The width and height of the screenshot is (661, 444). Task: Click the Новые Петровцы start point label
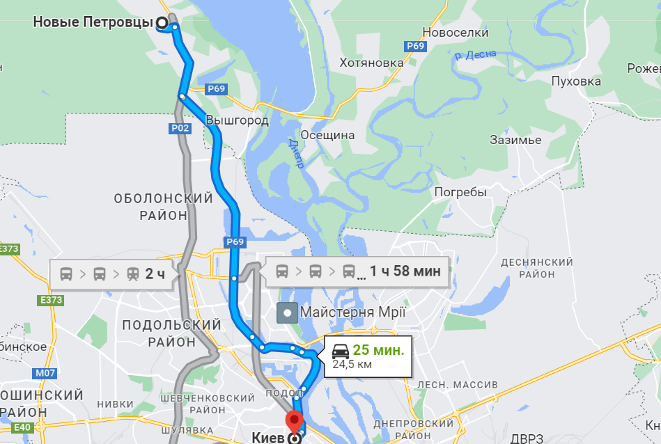click(93, 22)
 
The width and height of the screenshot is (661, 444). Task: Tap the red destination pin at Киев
click(295, 422)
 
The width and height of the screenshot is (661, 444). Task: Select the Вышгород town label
click(237, 120)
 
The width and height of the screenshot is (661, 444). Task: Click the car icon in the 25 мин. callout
click(340, 350)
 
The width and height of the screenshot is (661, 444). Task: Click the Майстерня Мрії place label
click(352, 312)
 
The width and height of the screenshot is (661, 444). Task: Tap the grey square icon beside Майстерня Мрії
click(287, 312)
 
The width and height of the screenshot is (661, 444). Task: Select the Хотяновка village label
click(371, 63)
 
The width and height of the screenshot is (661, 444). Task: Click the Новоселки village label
click(456, 32)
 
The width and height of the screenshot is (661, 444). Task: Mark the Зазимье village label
click(515, 140)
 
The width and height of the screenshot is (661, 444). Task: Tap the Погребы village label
click(460, 192)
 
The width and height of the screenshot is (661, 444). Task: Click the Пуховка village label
click(575, 81)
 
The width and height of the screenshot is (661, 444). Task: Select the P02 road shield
click(180, 128)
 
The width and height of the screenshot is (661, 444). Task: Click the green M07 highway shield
click(44, 373)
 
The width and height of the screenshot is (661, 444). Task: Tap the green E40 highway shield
click(22, 427)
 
